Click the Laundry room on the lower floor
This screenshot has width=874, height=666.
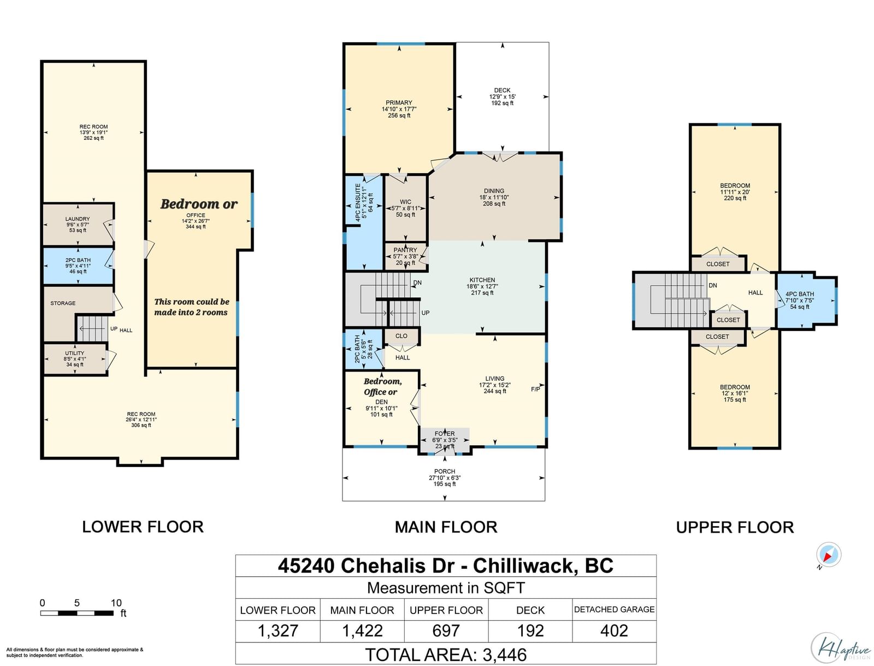pyautogui.click(x=78, y=224)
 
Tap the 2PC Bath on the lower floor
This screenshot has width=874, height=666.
pyautogui.click(x=78, y=266)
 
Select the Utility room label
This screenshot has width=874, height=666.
pyautogui.click(x=75, y=353)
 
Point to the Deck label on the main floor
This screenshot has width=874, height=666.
pyautogui.click(x=502, y=90)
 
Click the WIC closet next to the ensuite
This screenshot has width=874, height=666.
pyautogui.click(x=405, y=208)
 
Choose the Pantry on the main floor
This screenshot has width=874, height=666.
pyautogui.click(x=405, y=256)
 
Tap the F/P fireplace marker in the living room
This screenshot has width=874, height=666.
pyautogui.click(x=535, y=389)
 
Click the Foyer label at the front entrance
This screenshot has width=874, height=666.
pyautogui.click(x=445, y=433)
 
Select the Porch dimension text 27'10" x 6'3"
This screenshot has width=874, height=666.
pyautogui.click(x=445, y=478)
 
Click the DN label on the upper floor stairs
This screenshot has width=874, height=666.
pyautogui.click(x=713, y=285)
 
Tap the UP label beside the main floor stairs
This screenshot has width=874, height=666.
pyautogui.click(x=425, y=313)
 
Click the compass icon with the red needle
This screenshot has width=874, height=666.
pyautogui.click(x=829, y=554)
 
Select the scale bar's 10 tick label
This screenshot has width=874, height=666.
pyautogui.click(x=116, y=603)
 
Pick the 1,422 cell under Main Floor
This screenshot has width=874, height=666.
pyautogui.click(x=362, y=631)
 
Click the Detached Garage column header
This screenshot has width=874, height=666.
pyautogui.click(x=615, y=610)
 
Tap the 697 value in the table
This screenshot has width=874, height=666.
pyautogui.click(x=446, y=631)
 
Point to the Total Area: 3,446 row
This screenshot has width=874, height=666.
pyautogui.click(x=446, y=655)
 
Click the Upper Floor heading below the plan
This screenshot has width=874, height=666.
pyautogui.click(x=735, y=527)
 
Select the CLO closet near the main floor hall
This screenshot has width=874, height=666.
pyautogui.click(x=401, y=336)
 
